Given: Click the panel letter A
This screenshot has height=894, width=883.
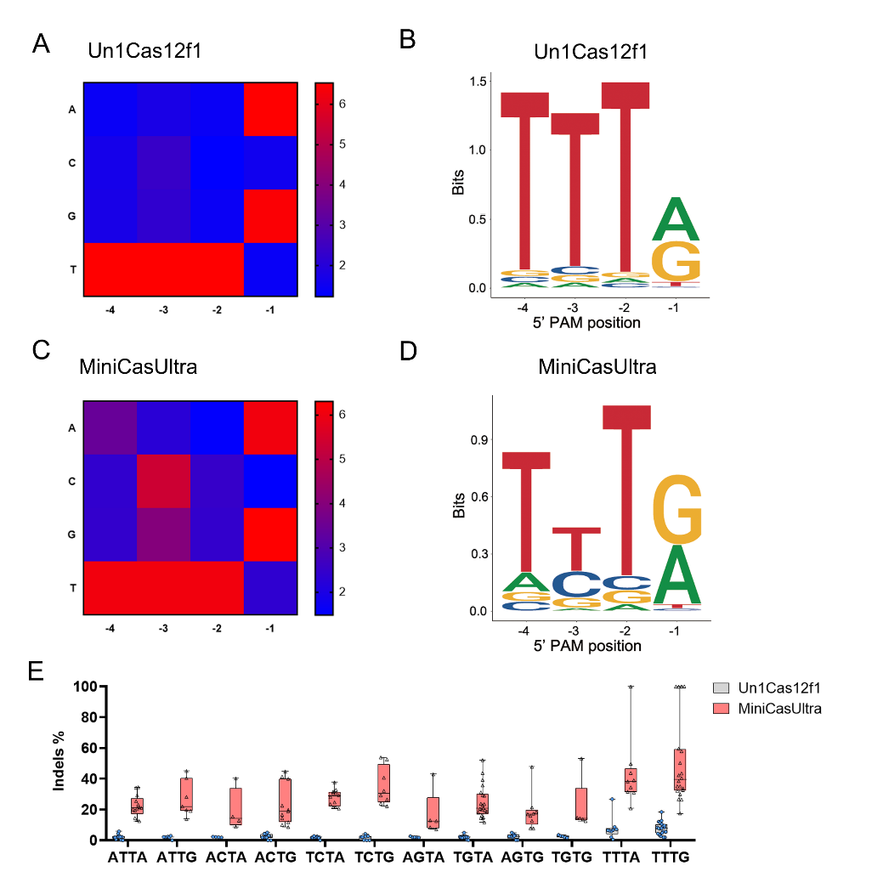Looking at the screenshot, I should [41, 44].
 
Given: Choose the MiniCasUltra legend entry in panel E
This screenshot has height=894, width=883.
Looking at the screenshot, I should [780, 708].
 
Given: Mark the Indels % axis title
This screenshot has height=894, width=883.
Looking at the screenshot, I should [59, 762].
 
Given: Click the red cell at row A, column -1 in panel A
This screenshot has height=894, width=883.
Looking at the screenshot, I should [270, 109].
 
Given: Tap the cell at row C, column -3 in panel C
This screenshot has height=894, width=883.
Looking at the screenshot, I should [163, 481].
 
